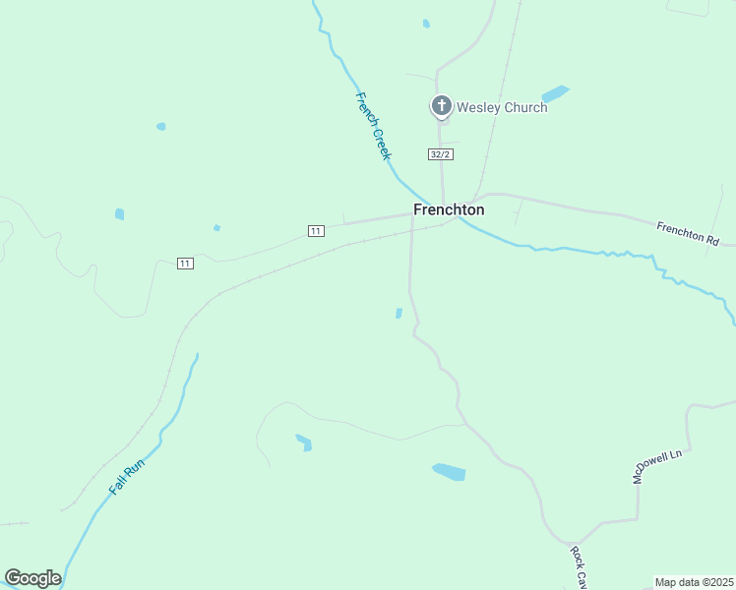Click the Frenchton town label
pyautogui.click(x=449, y=209)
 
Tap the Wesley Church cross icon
pyautogui.click(x=443, y=105)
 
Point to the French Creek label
pyautogui.click(x=374, y=126)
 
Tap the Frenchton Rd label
pyautogui.click(x=688, y=233)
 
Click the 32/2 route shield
pyautogui.click(x=441, y=154)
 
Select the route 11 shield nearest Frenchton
pyautogui.click(x=315, y=230)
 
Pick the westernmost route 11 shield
pyautogui.click(x=185, y=263)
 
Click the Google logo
pyautogui.click(x=32, y=578)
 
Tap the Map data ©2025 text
pyautogui.click(x=694, y=582)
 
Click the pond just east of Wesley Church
pyautogui.click(x=556, y=93)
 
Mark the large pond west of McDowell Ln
pyautogui.click(x=449, y=472)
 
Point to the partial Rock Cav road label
pyautogui.click(x=579, y=568)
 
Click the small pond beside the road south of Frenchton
pyautogui.click(x=399, y=314)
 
